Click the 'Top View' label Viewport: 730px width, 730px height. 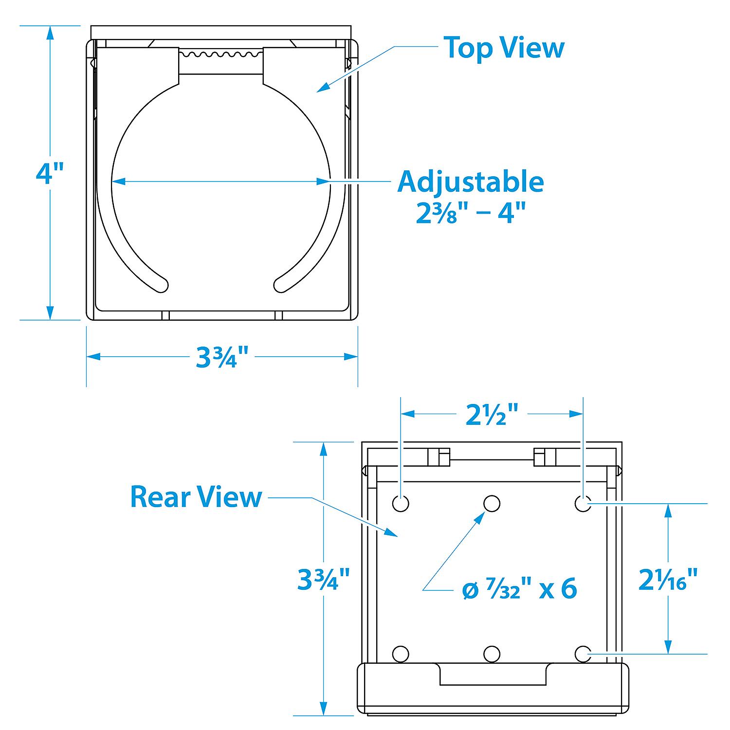coord(504,48)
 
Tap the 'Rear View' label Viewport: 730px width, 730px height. coord(196,497)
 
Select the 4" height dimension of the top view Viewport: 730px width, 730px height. coord(50,173)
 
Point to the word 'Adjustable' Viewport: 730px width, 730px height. coord(471,182)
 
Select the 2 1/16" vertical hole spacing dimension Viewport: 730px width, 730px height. coord(668,579)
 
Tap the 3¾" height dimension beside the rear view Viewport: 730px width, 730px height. coord(324,579)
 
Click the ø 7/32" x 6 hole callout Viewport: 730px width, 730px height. coord(519,589)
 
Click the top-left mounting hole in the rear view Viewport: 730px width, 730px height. coord(401,504)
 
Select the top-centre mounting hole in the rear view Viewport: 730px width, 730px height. coord(492,504)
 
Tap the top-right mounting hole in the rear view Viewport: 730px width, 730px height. coord(583,504)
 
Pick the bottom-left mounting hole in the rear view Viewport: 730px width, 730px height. coord(401,654)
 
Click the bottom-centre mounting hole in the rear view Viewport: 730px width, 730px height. coord(492,654)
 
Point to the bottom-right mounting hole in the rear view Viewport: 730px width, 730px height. coord(583,654)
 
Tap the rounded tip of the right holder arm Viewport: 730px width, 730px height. coord(282,286)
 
